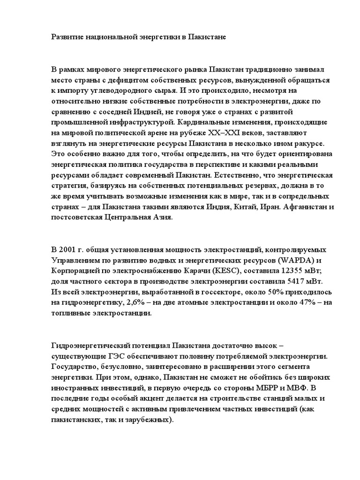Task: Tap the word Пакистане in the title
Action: tap(207, 36)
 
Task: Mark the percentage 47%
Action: tap(303, 303)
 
